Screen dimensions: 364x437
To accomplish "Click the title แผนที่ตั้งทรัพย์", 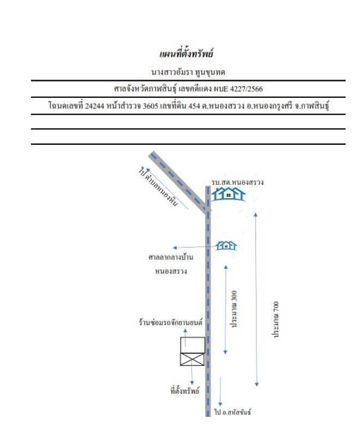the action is point(186,53).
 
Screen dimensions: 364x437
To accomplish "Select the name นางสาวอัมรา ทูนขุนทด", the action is point(188,72).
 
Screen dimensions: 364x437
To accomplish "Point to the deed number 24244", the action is point(94,106).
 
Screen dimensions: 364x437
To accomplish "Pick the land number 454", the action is point(194,106).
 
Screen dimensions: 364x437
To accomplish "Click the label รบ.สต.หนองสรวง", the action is point(237,182).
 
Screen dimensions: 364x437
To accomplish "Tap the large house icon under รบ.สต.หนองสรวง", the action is point(228,194).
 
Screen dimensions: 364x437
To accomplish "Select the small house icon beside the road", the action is point(226,245).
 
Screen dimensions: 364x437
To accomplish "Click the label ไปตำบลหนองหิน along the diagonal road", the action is point(158,186).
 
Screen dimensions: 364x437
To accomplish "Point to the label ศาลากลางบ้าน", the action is point(171,257).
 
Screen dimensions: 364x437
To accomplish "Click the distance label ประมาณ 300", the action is point(234,309).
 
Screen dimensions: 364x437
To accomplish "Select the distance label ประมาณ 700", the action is point(276,320).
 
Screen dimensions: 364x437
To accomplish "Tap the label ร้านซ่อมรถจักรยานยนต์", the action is point(170,322).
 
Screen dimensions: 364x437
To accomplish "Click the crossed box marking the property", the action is point(193,359).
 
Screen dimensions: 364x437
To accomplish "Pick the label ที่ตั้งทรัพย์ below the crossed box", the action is point(184,391).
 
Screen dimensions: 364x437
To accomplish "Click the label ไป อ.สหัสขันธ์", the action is point(232,412).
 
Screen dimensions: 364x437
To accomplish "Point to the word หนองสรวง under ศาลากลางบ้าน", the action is point(171,271).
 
